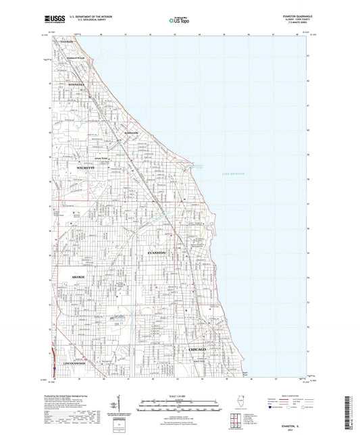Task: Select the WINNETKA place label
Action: tap(73, 84)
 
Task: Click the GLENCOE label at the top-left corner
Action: tap(66, 42)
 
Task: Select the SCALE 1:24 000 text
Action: tap(179, 395)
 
